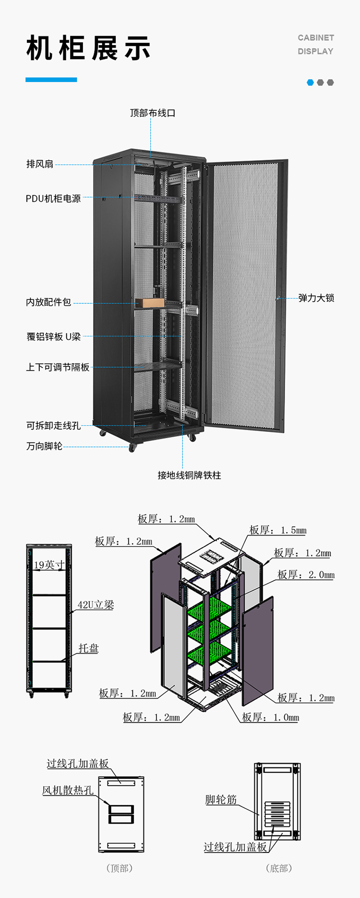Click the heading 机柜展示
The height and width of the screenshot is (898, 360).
(88, 48)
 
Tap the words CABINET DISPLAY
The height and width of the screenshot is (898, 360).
(315, 44)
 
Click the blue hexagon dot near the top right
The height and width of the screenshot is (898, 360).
(310, 83)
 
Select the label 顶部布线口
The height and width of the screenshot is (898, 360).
(153, 113)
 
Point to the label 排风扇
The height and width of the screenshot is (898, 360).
(40, 164)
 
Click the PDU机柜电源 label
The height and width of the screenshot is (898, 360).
(53, 198)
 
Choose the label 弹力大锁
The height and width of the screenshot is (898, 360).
(316, 298)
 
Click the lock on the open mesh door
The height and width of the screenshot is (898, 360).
(278, 298)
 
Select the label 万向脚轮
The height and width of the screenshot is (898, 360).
(44, 446)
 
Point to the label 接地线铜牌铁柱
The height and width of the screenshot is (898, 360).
(189, 475)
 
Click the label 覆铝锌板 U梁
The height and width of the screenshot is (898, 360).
(53, 336)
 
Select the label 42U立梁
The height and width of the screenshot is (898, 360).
(96, 605)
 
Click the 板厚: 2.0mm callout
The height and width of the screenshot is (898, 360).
(306, 575)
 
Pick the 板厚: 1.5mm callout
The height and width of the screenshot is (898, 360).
(277, 530)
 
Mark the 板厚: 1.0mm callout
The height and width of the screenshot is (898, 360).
(270, 717)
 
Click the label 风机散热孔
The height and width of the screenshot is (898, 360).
(68, 790)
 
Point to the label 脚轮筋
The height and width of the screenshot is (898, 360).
(221, 799)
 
